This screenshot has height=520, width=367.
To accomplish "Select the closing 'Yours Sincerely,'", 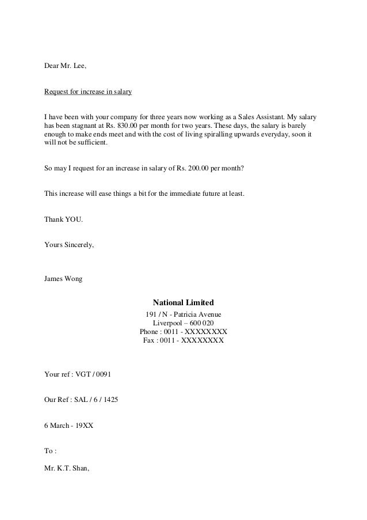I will tap(69, 244).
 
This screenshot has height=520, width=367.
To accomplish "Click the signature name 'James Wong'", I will tap(63, 279).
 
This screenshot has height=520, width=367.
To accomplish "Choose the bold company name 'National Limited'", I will tap(183, 302).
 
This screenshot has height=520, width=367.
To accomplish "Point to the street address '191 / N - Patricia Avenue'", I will tap(183, 314).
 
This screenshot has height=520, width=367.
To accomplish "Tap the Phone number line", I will tap(183, 332).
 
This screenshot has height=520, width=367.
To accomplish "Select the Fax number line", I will tap(183, 340).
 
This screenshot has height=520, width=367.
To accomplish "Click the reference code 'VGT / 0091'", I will tap(93, 374).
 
